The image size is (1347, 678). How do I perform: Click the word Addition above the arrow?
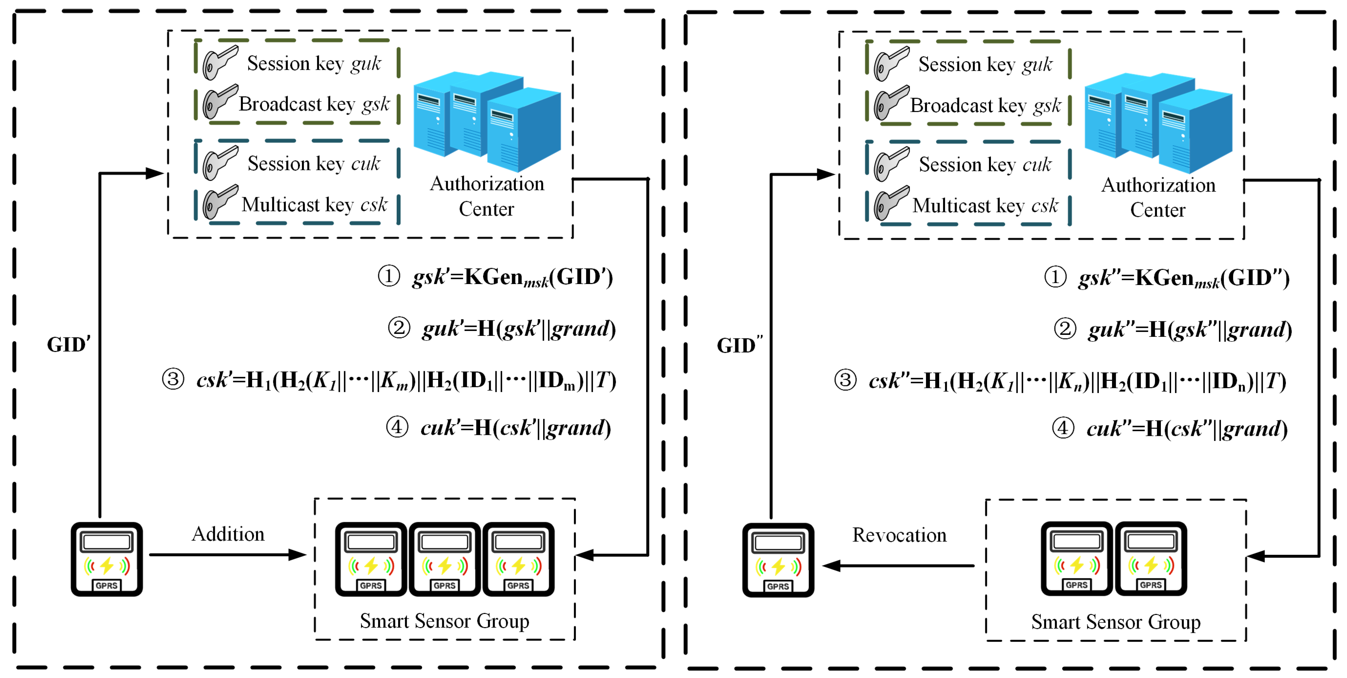coord(228,534)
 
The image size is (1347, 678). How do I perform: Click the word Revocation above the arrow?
coord(900,535)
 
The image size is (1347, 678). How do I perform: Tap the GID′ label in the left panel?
coord(69,344)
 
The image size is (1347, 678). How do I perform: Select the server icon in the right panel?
coord(1158,123)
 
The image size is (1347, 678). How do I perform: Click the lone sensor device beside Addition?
coord(107,559)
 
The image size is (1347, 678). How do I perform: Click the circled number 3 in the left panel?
coord(173,379)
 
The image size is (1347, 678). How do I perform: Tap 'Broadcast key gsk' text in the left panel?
coord(314,104)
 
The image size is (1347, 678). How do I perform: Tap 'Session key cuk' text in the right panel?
coord(985,165)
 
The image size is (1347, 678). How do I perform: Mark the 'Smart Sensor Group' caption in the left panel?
coord(444,621)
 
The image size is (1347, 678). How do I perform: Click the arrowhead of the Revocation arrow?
coord(832,565)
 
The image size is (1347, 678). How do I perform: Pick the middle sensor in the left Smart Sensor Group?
coord(444,559)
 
